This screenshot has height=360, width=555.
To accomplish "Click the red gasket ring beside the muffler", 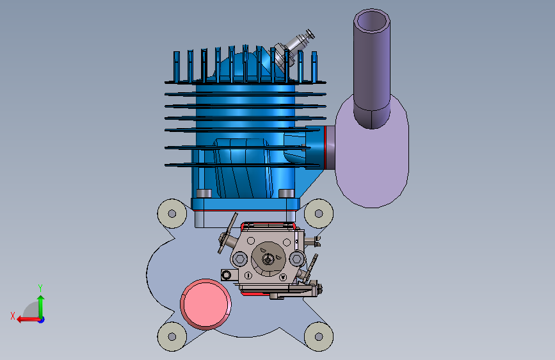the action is click(x=325, y=147).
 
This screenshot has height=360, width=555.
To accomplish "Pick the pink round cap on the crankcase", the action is click(x=205, y=304).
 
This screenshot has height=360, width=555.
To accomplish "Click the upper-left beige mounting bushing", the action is click(x=172, y=213).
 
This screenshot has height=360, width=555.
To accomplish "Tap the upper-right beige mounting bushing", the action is click(x=319, y=213).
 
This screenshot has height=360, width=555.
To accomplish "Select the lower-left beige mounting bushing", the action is click(x=172, y=336).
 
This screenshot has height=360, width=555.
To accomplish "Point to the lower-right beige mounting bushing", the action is click(x=319, y=336).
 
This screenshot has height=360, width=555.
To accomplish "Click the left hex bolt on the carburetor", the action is click(x=239, y=259).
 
